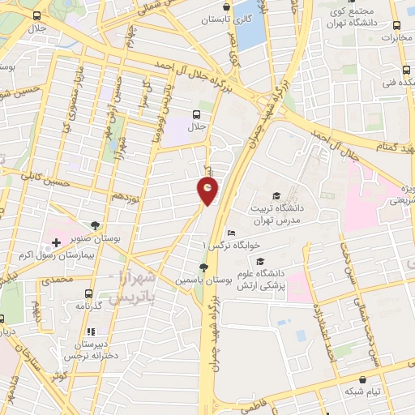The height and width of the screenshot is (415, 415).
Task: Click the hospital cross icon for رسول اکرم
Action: (x=56, y=242)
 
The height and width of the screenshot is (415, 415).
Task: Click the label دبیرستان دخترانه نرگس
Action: (x=92, y=350)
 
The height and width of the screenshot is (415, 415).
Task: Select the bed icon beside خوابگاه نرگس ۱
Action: (x=232, y=233)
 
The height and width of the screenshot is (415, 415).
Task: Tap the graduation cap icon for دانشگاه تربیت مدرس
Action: (x=276, y=195)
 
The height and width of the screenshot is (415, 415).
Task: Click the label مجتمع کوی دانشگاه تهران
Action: (x=349, y=15)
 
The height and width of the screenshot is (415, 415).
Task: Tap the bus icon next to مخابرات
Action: (x=396, y=25)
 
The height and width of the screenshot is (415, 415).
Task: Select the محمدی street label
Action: (x=58, y=280)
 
